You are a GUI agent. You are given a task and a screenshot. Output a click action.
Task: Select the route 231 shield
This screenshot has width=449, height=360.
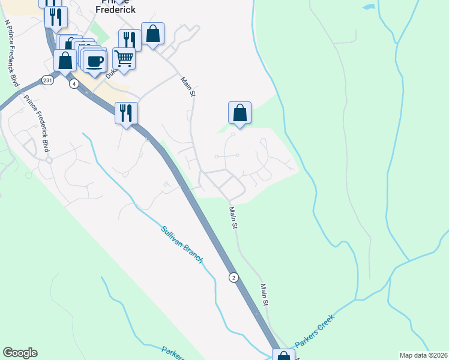point(47,80)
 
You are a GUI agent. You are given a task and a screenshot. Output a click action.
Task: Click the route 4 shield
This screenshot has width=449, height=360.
point(73,83)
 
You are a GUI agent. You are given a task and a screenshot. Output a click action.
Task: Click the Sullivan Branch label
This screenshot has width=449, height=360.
point(182,244)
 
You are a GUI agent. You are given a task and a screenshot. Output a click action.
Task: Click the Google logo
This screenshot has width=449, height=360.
point(20,353)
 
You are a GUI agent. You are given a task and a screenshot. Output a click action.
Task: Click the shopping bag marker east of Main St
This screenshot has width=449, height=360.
point(240,113)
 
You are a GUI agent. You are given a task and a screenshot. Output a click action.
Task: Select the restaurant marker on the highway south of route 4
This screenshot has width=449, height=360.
point(126,113)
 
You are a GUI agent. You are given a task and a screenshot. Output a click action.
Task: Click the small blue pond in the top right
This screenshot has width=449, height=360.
point(369,8)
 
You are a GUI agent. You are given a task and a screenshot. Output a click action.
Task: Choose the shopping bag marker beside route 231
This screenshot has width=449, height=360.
point(65,61)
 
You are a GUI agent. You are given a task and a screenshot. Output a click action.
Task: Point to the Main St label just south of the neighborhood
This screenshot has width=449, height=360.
point(234,218)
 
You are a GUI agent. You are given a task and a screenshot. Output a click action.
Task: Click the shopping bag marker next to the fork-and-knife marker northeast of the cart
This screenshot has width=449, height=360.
point(152,34)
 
